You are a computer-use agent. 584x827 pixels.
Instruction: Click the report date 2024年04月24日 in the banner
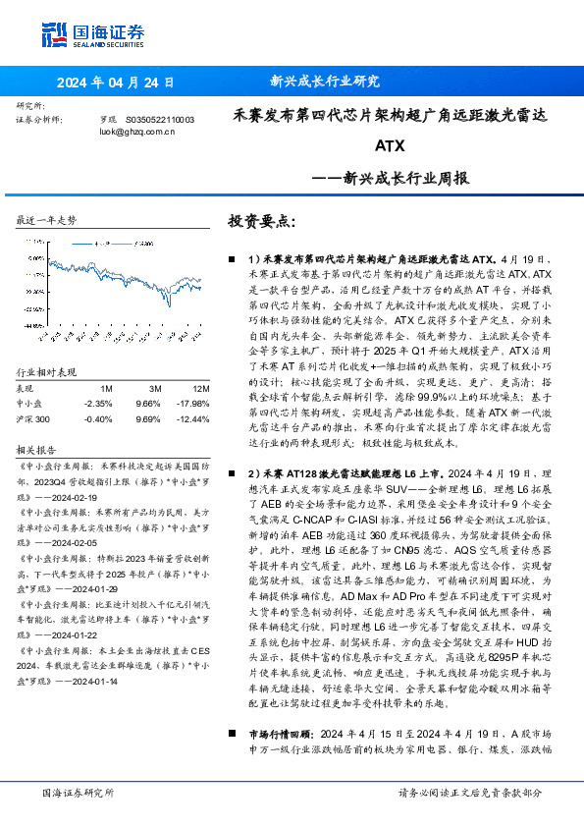(x=117, y=82)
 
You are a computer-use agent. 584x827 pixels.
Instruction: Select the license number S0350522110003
(x=160, y=119)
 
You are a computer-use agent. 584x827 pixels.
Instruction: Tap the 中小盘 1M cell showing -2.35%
(x=100, y=374)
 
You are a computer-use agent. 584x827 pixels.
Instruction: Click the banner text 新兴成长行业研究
(x=324, y=82)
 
